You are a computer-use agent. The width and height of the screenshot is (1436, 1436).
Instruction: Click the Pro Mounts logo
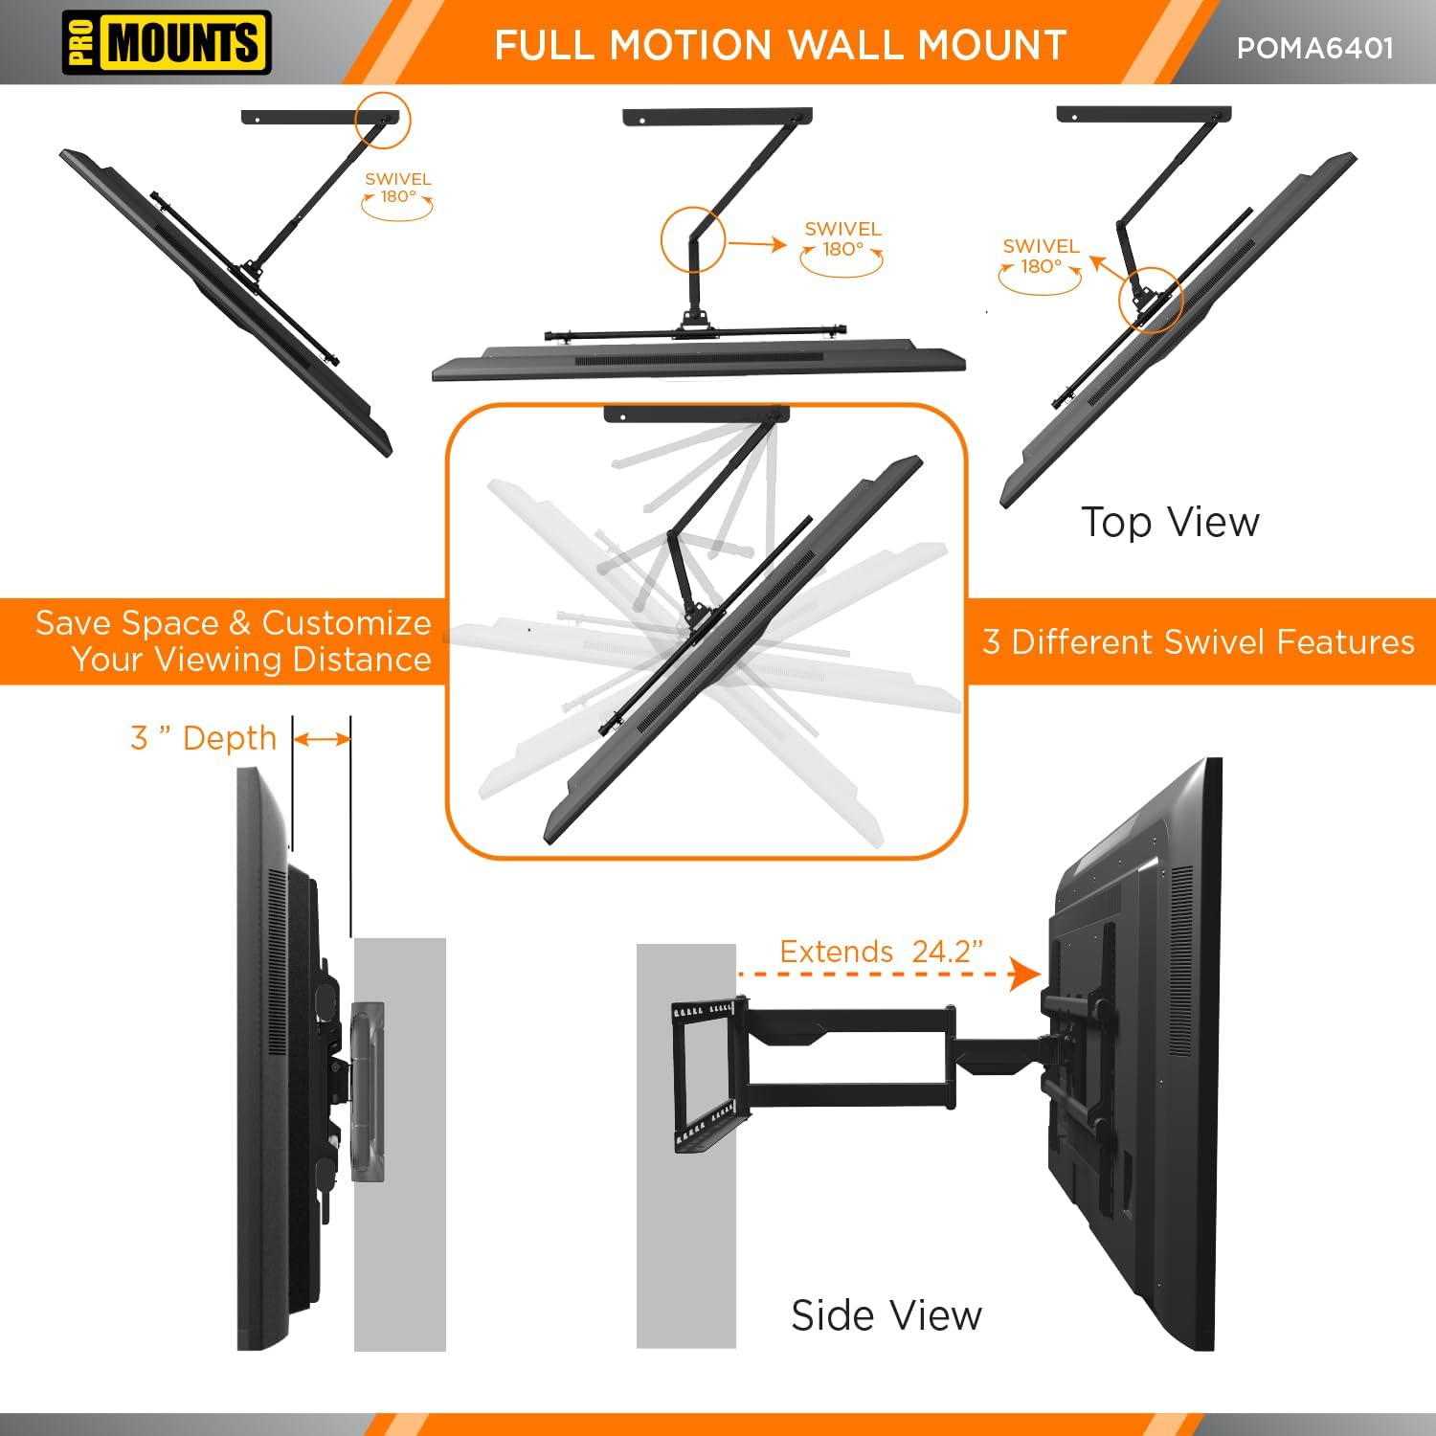coord(167,43)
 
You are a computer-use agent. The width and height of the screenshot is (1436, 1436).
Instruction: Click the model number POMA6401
coord(1314,48)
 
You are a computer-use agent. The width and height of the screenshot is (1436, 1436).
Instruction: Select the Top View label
coord(1170,523)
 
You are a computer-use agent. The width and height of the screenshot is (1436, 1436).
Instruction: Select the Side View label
coord(886,1315)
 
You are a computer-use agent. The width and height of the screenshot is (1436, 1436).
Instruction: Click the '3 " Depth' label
coord(204,738)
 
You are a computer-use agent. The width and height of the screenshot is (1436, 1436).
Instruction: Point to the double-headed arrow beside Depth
coord(323,739)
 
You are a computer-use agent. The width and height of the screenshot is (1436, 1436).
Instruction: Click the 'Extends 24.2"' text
coord(881,952)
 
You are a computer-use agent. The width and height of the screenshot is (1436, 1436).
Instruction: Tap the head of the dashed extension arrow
coord(1027,976)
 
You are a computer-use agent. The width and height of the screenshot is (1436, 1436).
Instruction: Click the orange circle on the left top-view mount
coord(383,120)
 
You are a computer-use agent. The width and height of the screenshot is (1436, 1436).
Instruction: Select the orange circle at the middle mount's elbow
coord(693,240)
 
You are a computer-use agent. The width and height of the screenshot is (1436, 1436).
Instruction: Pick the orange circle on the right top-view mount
coord(1151,300)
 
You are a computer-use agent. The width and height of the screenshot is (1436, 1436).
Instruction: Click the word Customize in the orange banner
coord(347,623)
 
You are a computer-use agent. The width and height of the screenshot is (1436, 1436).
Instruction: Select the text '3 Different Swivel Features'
coord(1199,642)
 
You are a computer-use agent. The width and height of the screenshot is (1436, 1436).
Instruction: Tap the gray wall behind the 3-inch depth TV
coord(400,1245)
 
